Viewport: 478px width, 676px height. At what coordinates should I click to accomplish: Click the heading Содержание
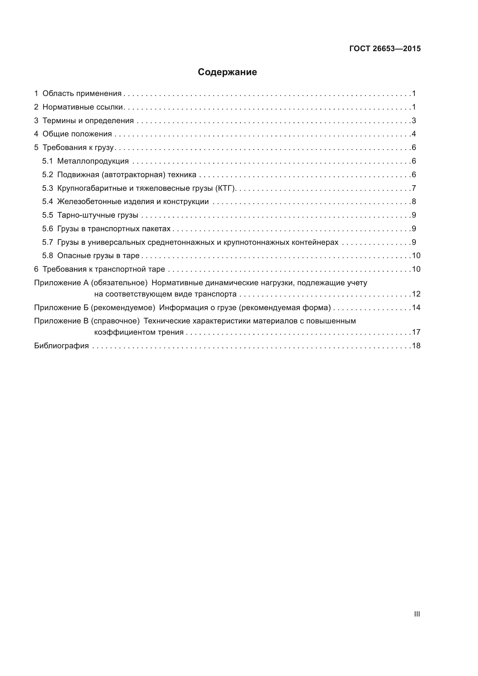click(227, 72)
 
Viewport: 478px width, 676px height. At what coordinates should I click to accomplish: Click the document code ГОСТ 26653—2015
click(385, 49)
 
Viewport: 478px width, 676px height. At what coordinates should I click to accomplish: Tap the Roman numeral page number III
click(417, 614)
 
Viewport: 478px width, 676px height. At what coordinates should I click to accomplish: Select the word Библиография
click(61, 346)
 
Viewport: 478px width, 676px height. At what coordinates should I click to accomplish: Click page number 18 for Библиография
click(416, 346)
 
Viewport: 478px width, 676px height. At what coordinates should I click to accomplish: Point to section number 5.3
click(47, 188)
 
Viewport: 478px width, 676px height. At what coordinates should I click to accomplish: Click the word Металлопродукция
click(93, 161)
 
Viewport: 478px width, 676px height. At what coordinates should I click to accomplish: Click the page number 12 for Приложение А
click(416, 294)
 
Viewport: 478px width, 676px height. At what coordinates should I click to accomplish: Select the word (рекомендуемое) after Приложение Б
click(123, 308)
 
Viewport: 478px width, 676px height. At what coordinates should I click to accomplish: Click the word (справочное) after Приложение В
click(115, 321)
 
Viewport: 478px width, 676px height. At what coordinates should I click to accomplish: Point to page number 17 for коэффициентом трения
click(416, 332)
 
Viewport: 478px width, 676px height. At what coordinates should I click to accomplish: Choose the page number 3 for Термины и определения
click(414, 121)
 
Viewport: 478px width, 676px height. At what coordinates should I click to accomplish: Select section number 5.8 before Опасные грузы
click(47, 255)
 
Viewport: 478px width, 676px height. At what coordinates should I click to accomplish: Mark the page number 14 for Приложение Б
click(416, 308)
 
